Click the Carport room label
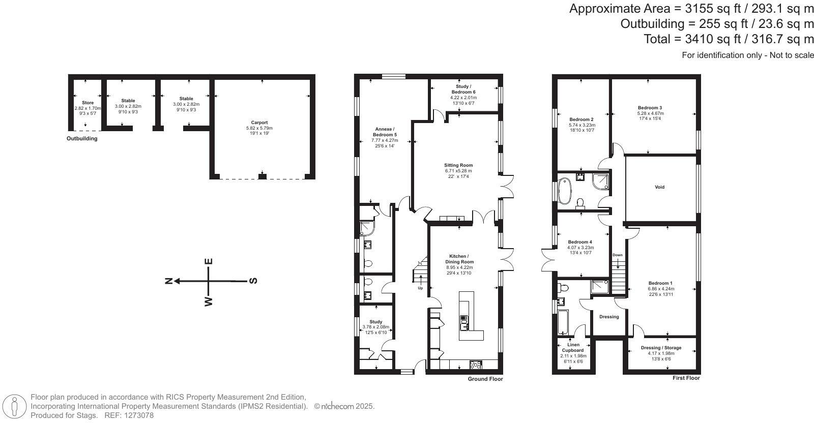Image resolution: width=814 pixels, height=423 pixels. click(x=259, y=123)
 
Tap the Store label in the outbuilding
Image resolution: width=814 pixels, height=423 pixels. click(x=88, y=103)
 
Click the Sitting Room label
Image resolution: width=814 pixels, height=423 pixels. click(x=458, y=165)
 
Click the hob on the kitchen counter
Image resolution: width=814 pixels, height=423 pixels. click(x=476, y=364)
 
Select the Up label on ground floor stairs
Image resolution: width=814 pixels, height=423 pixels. click(x=420, y=288)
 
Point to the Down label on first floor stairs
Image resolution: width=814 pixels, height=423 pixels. click(x=618, y=255)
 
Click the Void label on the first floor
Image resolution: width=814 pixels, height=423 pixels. click(x=659, y=187)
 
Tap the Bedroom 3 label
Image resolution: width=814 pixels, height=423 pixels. click(x=650, y=108)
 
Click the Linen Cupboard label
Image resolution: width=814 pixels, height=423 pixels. click(x=573, y=347)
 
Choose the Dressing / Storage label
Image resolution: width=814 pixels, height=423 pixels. click(x=661, y=348)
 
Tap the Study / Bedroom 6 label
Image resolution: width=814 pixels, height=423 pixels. click(x=463, y=89)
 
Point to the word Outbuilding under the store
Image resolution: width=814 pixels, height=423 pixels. click(x=82, y=138)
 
